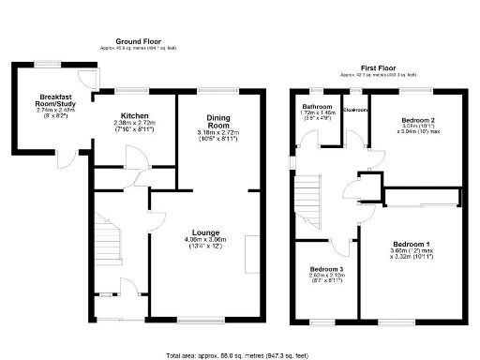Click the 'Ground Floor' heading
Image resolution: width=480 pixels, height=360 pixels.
point(139,42)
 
